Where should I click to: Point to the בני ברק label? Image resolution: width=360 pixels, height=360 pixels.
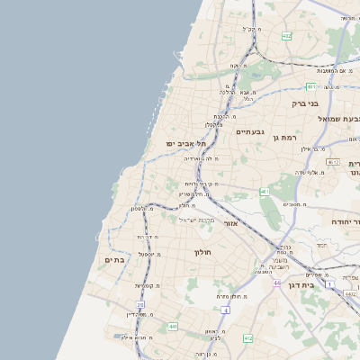[306, 103]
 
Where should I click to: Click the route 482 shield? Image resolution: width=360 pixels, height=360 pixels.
[286, 36]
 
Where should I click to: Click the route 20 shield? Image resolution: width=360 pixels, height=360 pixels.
[140, 304]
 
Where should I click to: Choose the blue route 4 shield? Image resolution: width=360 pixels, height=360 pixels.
[225, 310]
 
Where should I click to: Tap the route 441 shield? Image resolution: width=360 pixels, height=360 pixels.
[171, 327]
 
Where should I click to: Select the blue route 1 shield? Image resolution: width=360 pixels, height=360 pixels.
[330, 285]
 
